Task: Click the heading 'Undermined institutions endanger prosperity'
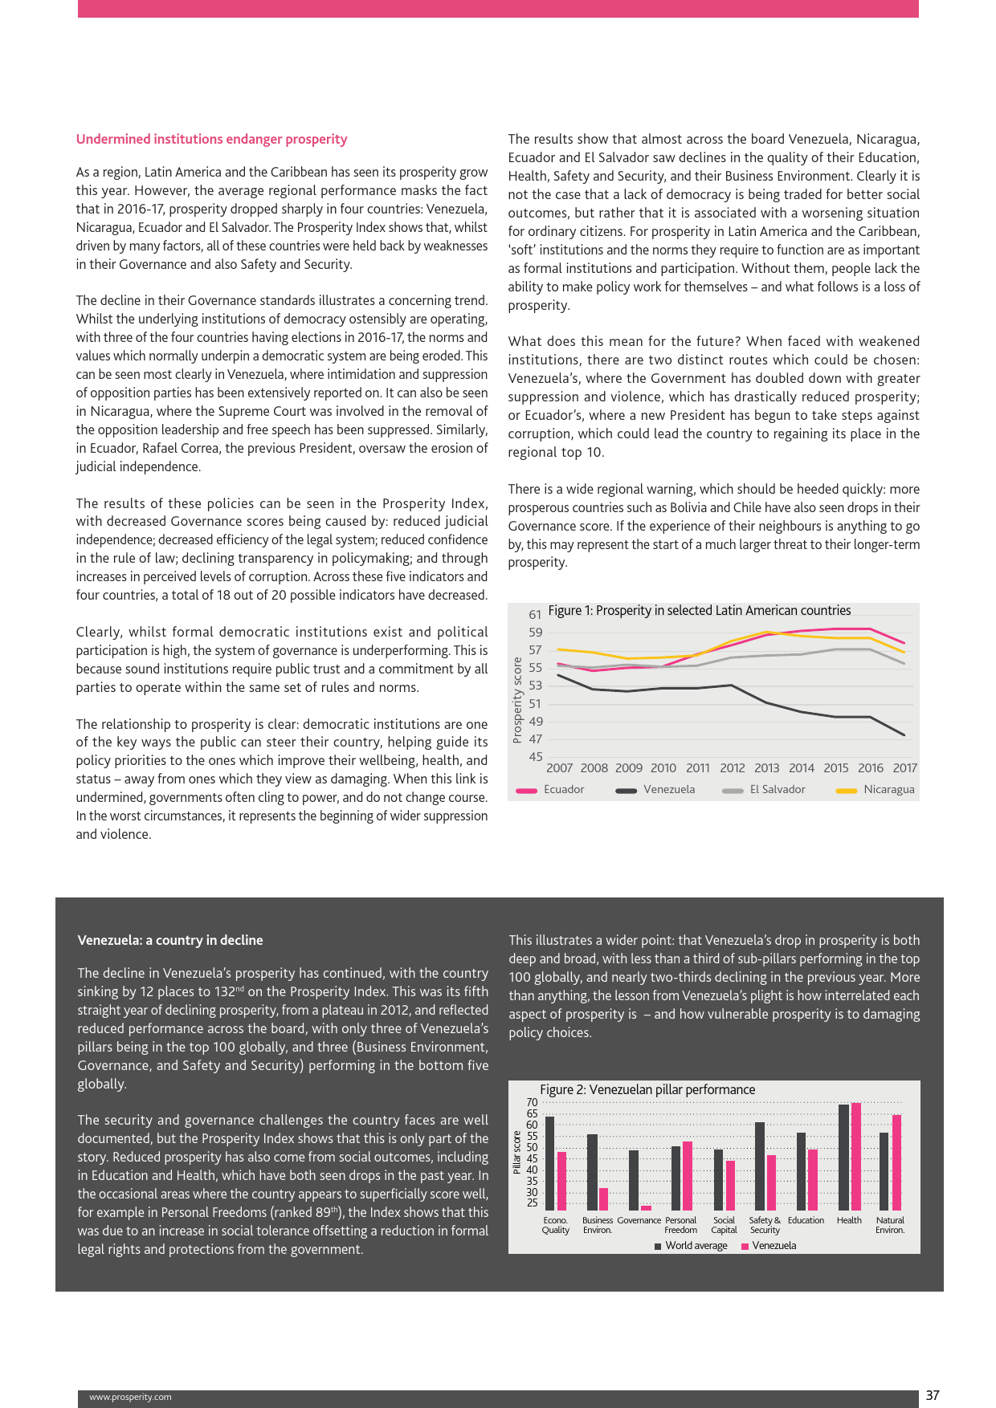[x=211, y=139]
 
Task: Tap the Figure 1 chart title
[x=699, y=610]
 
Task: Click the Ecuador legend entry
[x=563, y=789]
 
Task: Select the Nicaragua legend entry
[x=888, y=789]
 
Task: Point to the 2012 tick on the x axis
[x=732, y=767]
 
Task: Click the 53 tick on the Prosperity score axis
[x=535, y=686]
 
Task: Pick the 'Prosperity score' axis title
[x=517, y=700]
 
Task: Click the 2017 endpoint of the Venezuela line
[x=904, y=735]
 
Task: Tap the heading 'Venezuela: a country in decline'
[x=170, y=940]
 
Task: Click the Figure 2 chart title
[x=647, y=1089]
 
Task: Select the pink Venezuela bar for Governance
[x=646, y=1207]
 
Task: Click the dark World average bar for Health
[x=843, y=1157]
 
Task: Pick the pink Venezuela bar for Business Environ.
[x=604, y=1198]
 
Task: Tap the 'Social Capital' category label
[x=724, y=1225]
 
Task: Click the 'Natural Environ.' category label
[x=890, y=1225]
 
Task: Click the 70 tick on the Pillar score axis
[x=532, y=1102]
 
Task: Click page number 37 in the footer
[x=932, y=1395]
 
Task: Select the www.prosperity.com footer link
[x=130, y=1397]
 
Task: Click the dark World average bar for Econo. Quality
[x=550, y=1163]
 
